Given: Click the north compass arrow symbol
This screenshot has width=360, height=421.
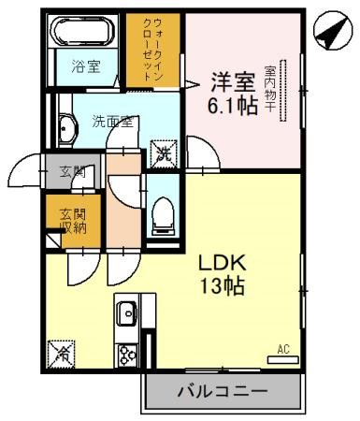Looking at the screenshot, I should [327, 32].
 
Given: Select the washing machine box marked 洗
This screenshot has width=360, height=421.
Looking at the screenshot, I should [163, 151].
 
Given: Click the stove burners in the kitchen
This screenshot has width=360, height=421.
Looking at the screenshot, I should [126, 353].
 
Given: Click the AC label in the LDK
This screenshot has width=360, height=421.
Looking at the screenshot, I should [283, 350].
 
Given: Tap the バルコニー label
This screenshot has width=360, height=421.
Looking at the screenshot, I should [223, 391].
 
